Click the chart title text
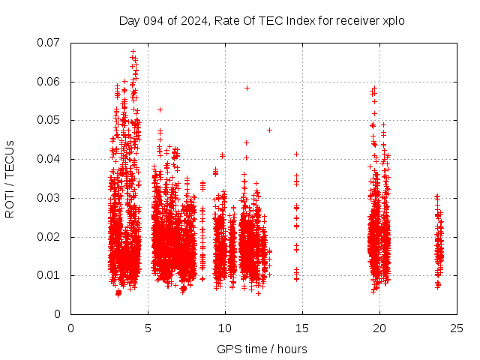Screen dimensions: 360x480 (262, 21)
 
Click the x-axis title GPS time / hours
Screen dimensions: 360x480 (262, 349)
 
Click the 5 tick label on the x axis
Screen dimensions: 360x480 (148, 328)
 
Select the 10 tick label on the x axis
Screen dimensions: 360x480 (225, 328)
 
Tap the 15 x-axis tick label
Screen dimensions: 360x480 (302, 328)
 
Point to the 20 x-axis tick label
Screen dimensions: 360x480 (379, 328)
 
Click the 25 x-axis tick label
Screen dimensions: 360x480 (457, 328)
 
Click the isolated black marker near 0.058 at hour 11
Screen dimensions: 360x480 (247, 88)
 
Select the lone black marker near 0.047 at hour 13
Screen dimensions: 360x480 (269, 130)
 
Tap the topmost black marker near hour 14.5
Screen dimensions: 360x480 (296, 154)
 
